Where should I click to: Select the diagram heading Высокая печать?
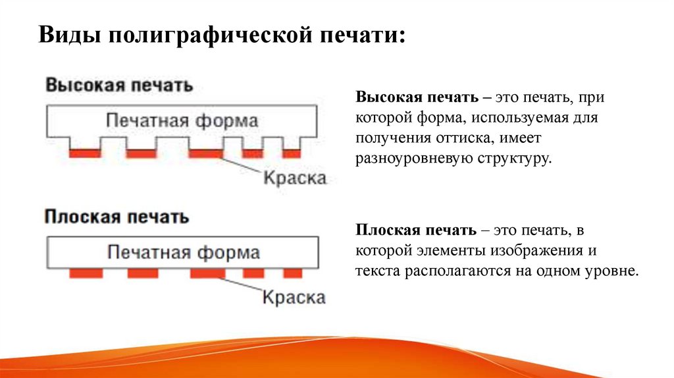coord(119,86)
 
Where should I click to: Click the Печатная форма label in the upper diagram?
coord(182,121)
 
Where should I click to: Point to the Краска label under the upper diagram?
coord(294,178)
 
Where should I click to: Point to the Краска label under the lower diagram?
coord(294,298)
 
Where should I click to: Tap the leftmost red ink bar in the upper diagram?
coord(86,153)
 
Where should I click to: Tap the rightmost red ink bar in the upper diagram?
coord(291,153)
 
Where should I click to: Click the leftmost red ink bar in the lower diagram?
coord(86,272)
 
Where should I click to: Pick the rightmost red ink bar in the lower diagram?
coord(292,272)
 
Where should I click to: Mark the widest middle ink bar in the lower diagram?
coord(207,272)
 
